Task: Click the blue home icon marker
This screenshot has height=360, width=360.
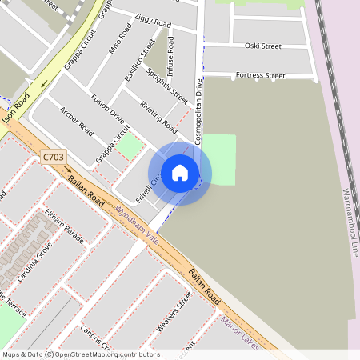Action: click(180, 173)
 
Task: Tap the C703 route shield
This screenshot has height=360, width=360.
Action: click(52, 158)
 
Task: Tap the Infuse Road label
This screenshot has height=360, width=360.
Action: click(170, 54)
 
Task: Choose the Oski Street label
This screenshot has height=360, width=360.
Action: click(263, 46)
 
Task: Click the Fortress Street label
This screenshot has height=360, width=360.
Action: click(260, 75)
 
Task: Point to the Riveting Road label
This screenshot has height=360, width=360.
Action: click(158, 116)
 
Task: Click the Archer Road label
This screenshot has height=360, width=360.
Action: click(77, 122)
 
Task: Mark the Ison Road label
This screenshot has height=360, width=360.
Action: click(16, 109)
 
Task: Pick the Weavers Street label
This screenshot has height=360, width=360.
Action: click(174, 312)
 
